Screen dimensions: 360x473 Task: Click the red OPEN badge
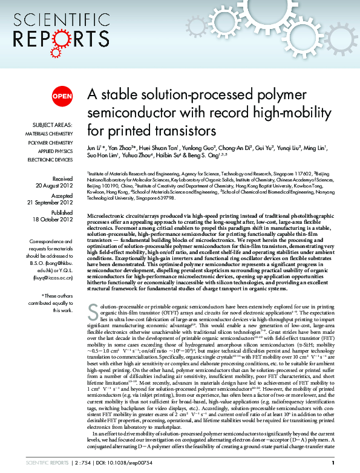62,96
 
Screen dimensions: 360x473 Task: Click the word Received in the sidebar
62,179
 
